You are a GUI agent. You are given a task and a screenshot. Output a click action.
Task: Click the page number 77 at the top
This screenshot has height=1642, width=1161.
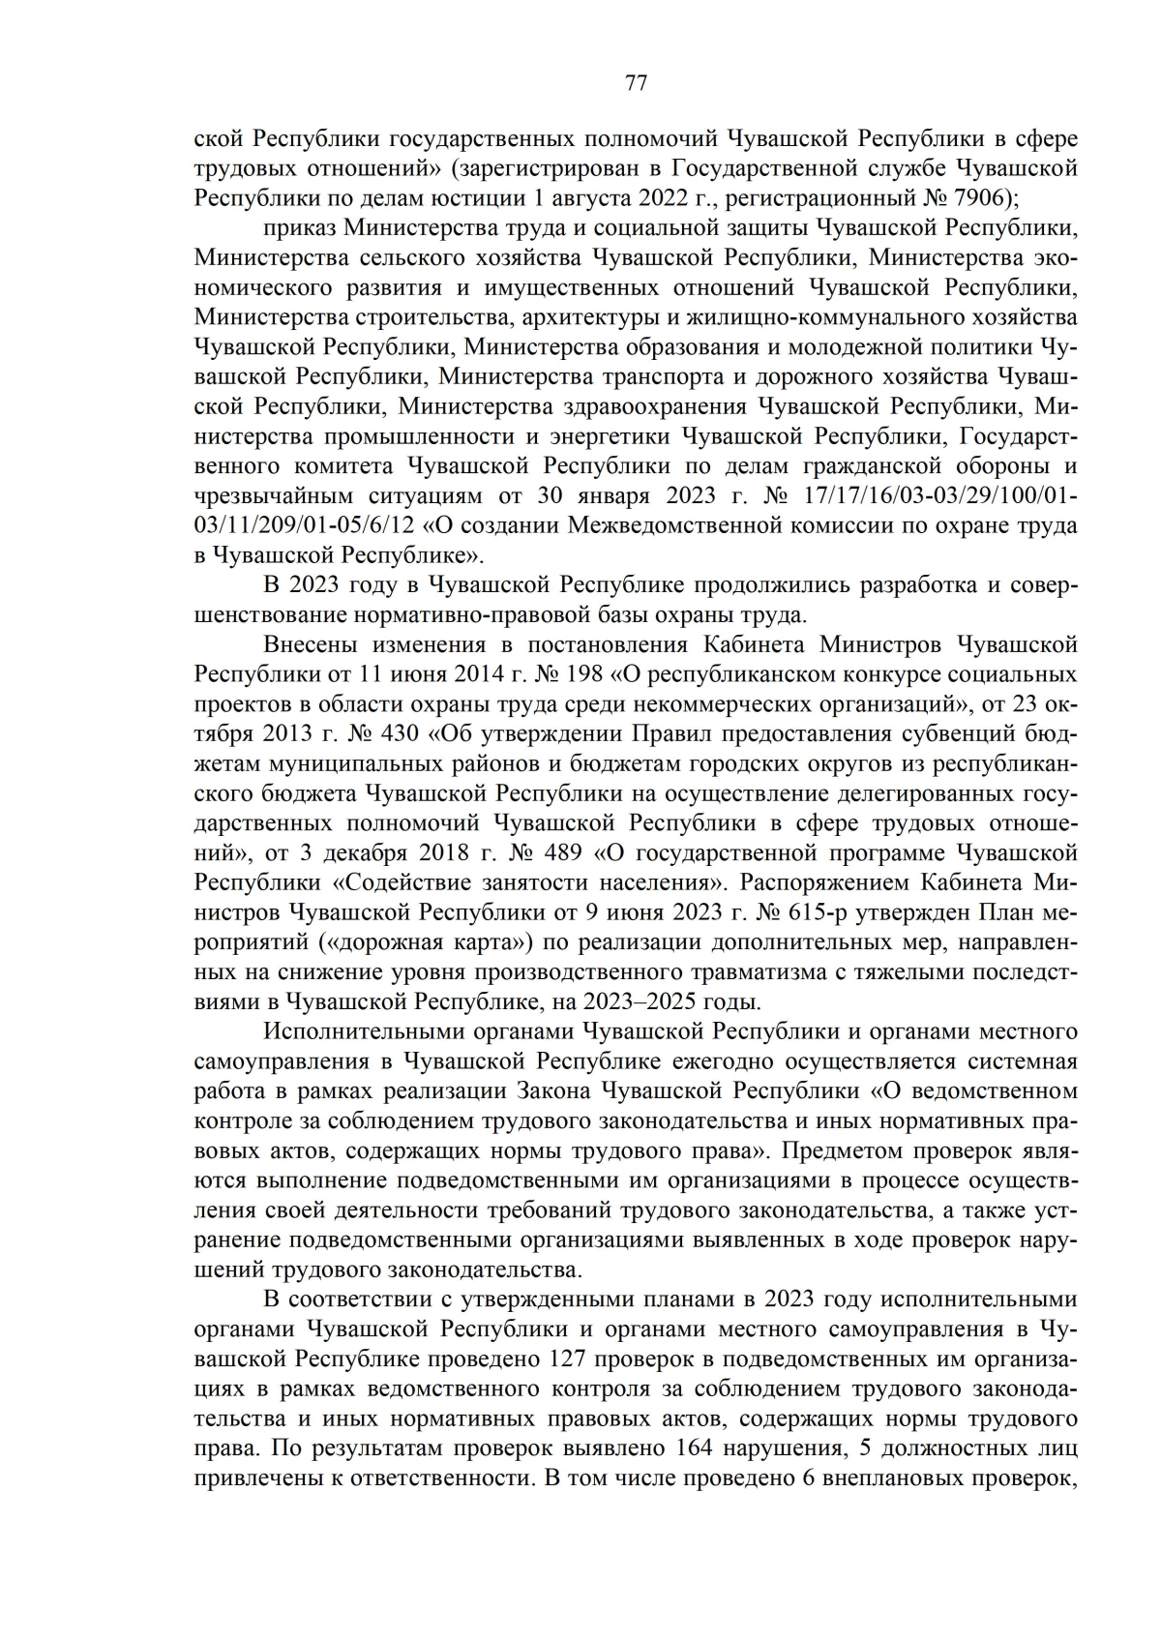[x=636, y=82]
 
